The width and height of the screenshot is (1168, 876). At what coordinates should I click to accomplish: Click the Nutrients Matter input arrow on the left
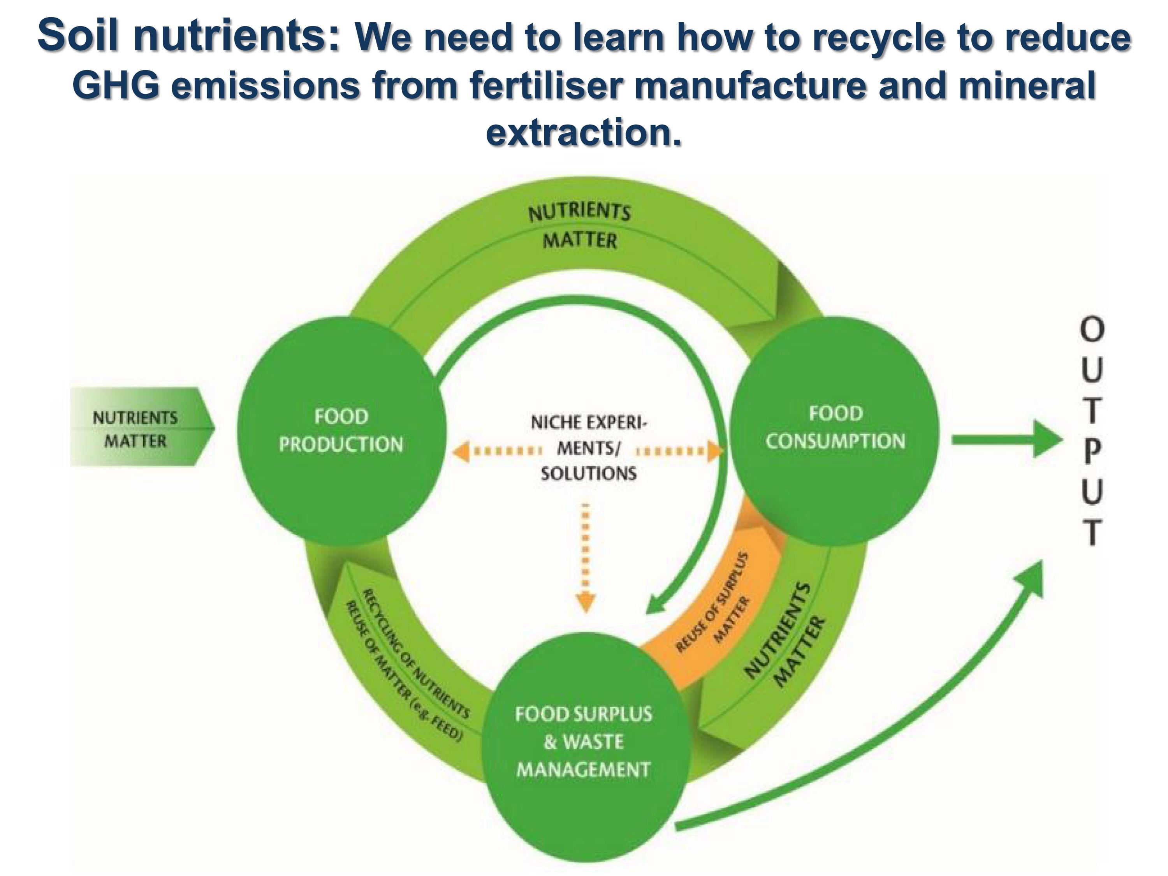click(x=141, y=427)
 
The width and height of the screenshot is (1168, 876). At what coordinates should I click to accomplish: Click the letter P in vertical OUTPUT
click(x=1092, y=452)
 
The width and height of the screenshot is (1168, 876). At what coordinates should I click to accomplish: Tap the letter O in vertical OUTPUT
click(x=1092, y=329)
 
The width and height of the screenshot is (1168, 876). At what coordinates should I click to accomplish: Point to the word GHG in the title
click(x=115, y=84)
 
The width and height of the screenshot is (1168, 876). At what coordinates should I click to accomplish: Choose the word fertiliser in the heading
click(x=545, y=84)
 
